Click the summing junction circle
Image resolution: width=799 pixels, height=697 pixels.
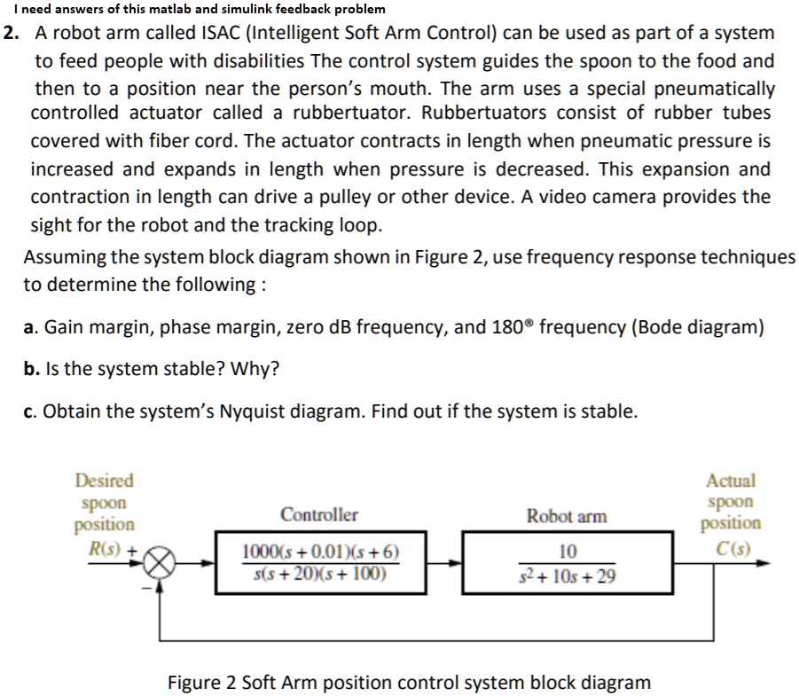[160, 563]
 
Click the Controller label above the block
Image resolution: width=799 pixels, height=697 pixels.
[319, 514]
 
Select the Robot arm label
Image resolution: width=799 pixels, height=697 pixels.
[567, 516]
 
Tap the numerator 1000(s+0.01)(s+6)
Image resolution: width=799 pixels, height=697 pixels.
[320, 552]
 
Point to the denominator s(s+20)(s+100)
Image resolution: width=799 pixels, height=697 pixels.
[320, 574]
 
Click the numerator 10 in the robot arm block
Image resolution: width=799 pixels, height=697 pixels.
[568, 552]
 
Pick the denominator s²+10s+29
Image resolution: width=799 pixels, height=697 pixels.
[568, 576]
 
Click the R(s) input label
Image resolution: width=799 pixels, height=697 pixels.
[105, 549]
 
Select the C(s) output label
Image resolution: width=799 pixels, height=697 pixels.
[733, 549]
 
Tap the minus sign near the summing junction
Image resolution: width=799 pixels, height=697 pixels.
[146, 589]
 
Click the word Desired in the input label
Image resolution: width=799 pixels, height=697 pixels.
[105, 481]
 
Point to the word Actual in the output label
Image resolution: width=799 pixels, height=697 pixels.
[731, 481]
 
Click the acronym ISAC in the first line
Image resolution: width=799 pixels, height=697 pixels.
[221, 33]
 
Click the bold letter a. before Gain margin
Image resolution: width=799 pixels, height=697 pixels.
[29, 327]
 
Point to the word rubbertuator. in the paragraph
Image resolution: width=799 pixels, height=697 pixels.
[351, 113]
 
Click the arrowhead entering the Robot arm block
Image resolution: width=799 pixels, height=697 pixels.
[456, 563]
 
